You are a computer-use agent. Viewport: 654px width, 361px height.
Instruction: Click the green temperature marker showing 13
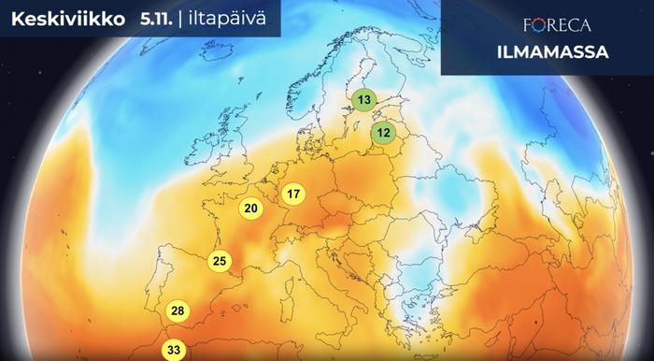363,99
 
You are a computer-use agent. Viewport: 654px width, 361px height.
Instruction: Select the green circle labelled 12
383,134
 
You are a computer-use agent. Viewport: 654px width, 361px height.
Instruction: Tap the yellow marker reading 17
293,195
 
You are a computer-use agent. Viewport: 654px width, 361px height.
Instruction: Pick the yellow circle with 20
249,209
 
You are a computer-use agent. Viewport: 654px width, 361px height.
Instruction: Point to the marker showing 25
220,261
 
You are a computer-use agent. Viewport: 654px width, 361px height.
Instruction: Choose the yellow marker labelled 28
178,311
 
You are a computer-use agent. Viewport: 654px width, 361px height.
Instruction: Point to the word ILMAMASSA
547,52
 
